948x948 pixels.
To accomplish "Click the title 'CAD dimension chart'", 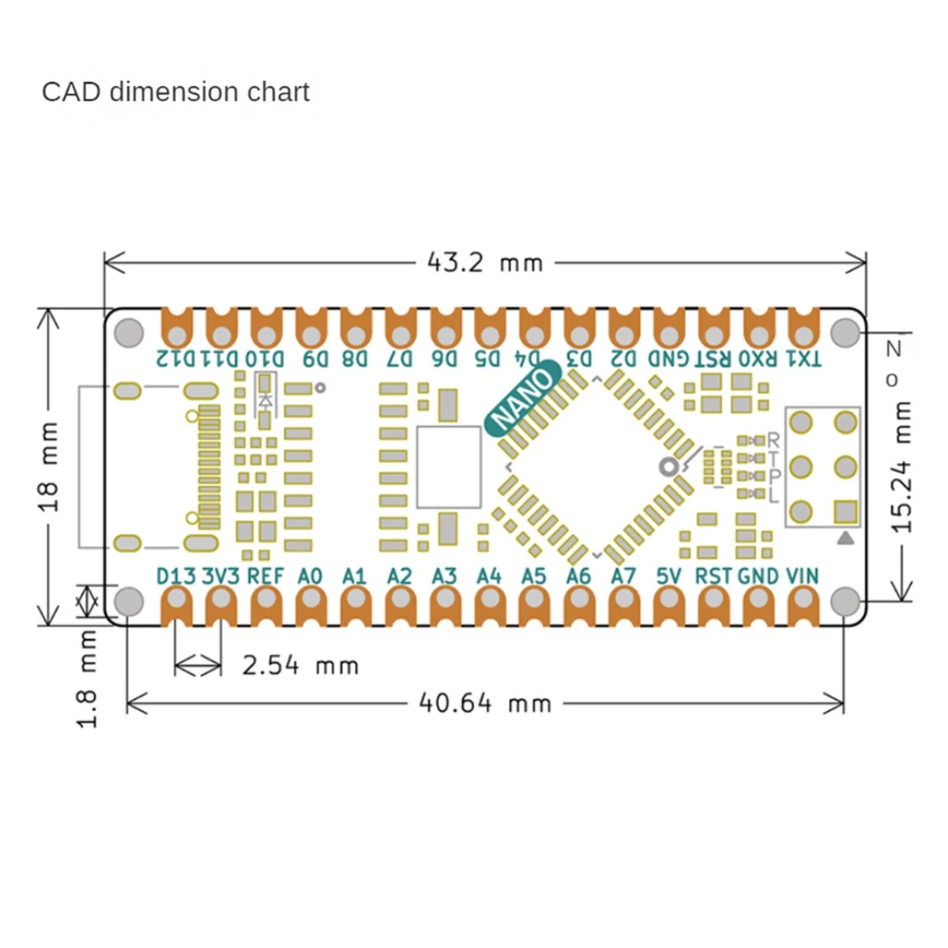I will pyautogui.click(x=175, y=92).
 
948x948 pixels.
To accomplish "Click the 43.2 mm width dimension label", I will pyautogui.click(x=485, y=262).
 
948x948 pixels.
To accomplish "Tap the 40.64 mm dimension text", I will pyautogui.click(x=485, y=702).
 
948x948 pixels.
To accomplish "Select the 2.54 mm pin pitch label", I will pyautogui.click(x=300, y=665).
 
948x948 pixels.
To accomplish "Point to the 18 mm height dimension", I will pyautogui.click(x=49, y=467).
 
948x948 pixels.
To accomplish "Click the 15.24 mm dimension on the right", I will pyautogui.click(x=902, y=466).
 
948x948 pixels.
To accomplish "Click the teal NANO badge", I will pyautogui.click(x=523, y=397).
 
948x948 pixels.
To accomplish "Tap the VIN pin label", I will pyautogui.click(x=803, y=576).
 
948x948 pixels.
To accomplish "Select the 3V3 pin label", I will pyautogui.click(x=220, y=576).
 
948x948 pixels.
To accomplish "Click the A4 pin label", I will pyautogui.click(x=489, y=576).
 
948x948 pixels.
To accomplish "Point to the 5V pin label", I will pyautogui.click(x=668, y=576).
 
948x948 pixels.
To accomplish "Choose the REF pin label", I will pyautogui.click(x=265, y=576).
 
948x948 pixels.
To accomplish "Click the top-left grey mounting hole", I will pyautogui.click(x=129, y=332).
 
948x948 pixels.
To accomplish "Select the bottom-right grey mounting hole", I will pyautogui.click(x=845, y=602).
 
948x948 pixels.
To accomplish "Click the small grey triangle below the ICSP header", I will pyautogui.click(x=845, y=539).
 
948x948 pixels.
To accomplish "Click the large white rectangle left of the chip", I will pyautogui.click(x=448, y=467).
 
